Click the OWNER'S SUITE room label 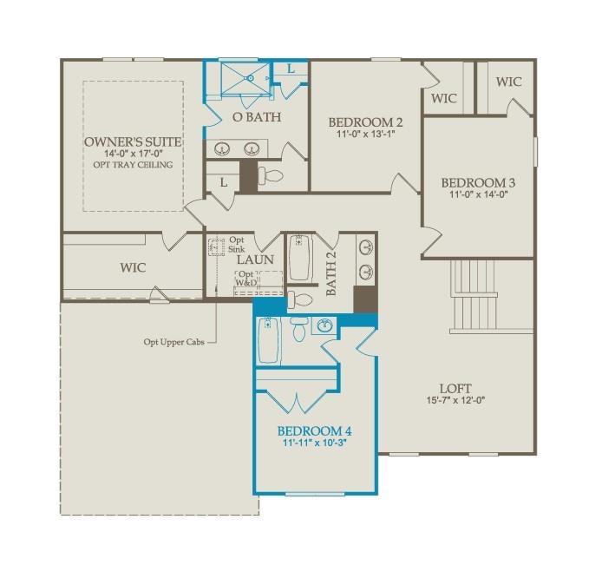point(134,142)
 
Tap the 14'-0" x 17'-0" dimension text point(134,154)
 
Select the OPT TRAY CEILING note point(134,165)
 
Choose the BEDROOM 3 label point(478,183)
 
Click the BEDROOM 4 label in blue point(314,430)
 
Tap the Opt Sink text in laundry point(237,243)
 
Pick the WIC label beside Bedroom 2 point(444,99)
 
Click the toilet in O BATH point(272,176)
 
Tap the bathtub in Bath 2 point(300,259)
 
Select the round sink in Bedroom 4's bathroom point(325,327)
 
